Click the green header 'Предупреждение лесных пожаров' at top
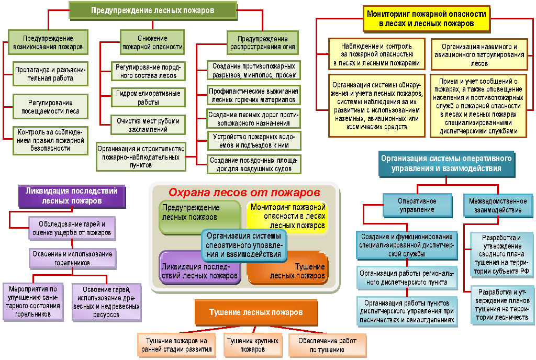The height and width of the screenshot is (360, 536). pos(152,10)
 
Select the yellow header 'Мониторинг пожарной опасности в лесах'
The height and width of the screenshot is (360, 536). pos(427,19)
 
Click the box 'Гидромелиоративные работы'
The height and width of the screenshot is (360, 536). pos(148,98)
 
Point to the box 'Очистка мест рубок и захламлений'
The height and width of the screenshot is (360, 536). pos(148,125)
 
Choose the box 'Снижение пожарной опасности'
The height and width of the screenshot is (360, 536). pos(152,42)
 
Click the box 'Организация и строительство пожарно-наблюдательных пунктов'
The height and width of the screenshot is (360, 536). pos(140,156)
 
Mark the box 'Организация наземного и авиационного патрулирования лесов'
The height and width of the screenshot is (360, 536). pos(478,55)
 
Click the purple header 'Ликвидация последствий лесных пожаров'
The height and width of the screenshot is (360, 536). pos(72,196)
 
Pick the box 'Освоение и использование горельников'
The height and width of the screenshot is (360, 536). pos(72,258)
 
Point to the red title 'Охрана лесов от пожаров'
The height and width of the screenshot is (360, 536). pos(243,192)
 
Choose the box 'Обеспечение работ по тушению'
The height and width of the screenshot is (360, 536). pos(327,345)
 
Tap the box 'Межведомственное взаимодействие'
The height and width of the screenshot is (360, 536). pos(495,205)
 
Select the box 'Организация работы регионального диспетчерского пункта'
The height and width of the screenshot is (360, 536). pos(407,278)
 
